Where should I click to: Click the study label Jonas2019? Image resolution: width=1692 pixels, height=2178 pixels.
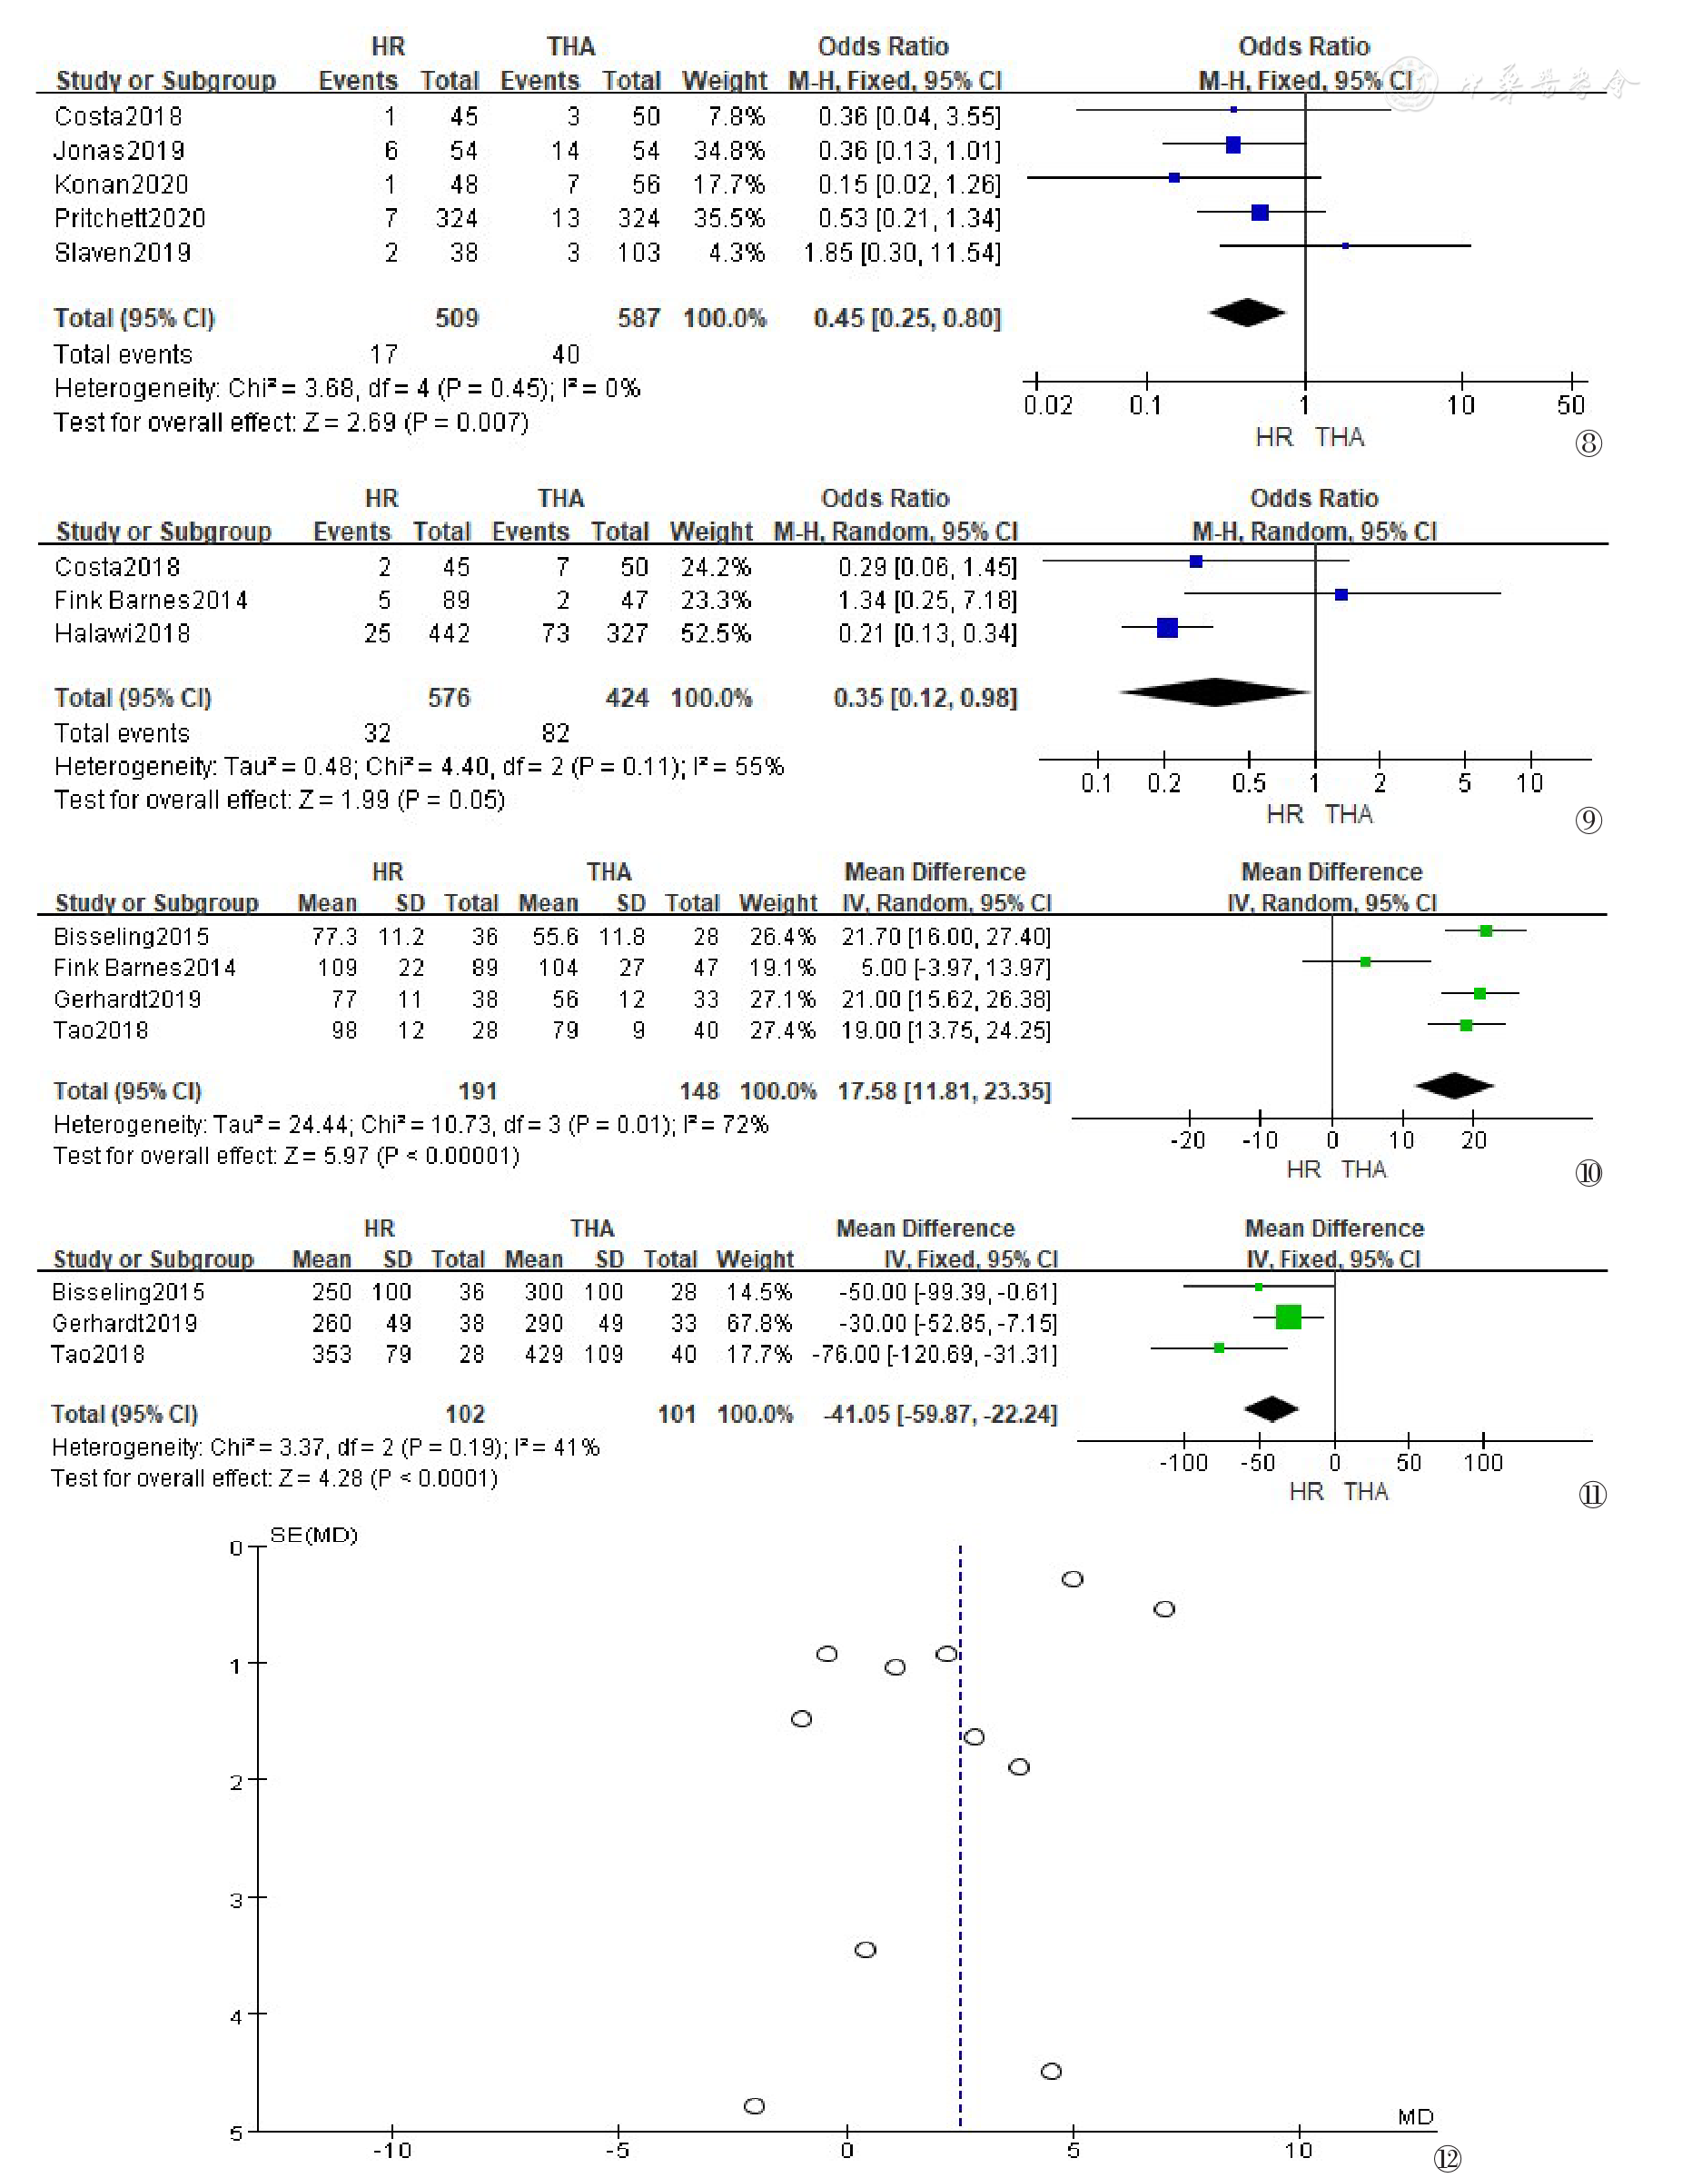pyautogui.click(x=120, y=151)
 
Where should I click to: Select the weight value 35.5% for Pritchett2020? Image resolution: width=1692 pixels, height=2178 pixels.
pyautogui.click(x=729, y=218)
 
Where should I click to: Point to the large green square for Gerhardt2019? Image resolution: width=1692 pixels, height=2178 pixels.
pyautogui.click(x=1288, y=1318)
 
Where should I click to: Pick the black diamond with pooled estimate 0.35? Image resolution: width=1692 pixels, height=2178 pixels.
pyautogui.click(x=1214, y=692)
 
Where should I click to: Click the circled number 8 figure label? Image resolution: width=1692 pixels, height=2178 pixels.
pyautogui.click(x=1588, y=443)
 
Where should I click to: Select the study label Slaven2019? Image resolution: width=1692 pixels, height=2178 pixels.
pyautogui.click(x=123, y=253)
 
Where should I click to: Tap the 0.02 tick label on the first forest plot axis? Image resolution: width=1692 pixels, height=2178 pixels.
pyautogui.click(x=1048, y=405)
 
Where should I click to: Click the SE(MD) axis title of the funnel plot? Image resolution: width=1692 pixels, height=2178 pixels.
pyautogui.click(x=313, y=1535)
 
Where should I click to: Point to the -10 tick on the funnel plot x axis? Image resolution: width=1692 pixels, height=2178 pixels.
pyautogui.click(x=391, y=2150)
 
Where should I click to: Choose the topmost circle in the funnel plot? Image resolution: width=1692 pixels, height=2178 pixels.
pyautogui.click(x=1072, y=1578)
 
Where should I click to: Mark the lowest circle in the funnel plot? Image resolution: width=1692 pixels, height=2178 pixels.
pyautogui.click(x=755, y=2105)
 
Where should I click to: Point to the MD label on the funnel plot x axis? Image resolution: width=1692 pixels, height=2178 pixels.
pyautogui.click(x=1416, y=2116)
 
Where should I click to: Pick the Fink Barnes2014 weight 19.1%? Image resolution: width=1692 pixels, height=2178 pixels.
pyautogui.click(x=783, y=969)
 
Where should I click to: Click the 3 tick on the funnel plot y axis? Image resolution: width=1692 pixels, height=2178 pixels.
pyautogui.click(x=236, y=1900)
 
